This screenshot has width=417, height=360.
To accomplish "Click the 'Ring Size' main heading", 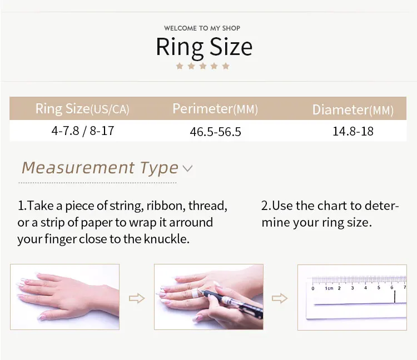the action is [204, 47].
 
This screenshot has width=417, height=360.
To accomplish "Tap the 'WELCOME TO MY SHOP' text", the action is [202, 28].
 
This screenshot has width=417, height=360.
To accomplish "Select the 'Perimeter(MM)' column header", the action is [215, 109].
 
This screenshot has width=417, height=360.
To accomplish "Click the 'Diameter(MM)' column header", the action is [353, 110].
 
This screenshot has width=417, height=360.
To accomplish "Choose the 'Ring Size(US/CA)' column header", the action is [82, 109].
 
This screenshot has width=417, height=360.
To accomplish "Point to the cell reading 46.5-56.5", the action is [215, 132].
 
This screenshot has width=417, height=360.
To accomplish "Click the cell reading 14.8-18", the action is [353, 131].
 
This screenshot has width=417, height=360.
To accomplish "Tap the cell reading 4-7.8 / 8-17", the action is [83, 131].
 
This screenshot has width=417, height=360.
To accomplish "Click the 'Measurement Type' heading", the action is [100, 168].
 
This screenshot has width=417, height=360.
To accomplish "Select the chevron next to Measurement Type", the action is [187, 168].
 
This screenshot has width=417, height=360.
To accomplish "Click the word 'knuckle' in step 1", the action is [166, 239].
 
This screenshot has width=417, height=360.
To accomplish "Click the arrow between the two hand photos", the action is [137, 298].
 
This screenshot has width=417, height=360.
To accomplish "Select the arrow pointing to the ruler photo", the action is [280, 298].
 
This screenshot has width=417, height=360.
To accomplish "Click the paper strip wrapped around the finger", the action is [195, 294].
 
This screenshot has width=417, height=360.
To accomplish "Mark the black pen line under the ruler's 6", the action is [395, 297].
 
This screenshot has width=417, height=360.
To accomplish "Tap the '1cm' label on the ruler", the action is [329, 288].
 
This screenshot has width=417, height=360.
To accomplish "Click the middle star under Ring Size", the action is [202, 66].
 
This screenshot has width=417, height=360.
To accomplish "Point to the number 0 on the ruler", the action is [312, 288].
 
